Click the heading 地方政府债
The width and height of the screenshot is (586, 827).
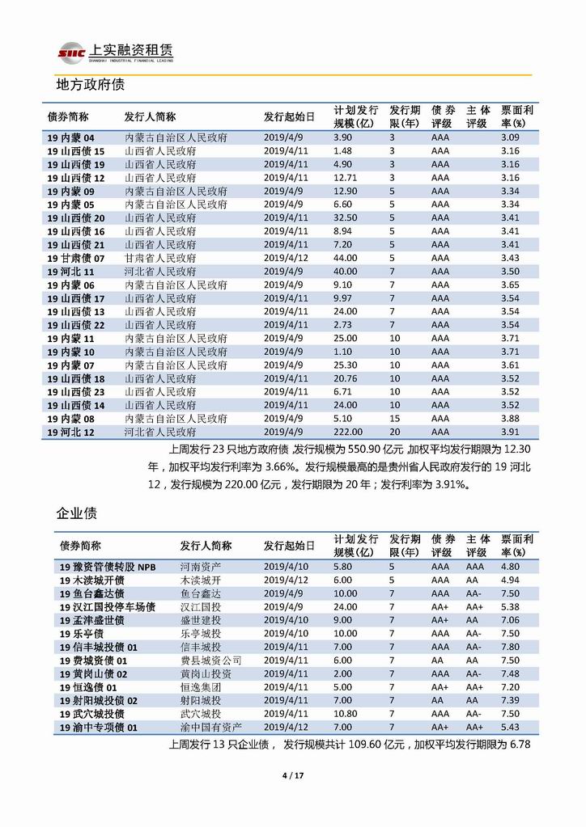click(x=89, y=85)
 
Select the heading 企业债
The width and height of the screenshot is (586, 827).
click(x=77, y=513)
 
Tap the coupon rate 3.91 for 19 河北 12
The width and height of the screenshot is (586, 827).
click(x=510, y=432)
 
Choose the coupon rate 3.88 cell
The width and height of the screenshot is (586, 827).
click(x=510, y=419)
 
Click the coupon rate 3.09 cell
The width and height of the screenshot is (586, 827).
click(x=510, y=137)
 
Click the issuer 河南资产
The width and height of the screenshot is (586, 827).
click(x=198, y=567)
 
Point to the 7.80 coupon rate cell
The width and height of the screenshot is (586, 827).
click(x=510, y=647)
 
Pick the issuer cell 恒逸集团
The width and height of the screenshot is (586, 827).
click(x=198, y=687)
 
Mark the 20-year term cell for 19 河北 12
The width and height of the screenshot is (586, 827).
click(x=393, y=432)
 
